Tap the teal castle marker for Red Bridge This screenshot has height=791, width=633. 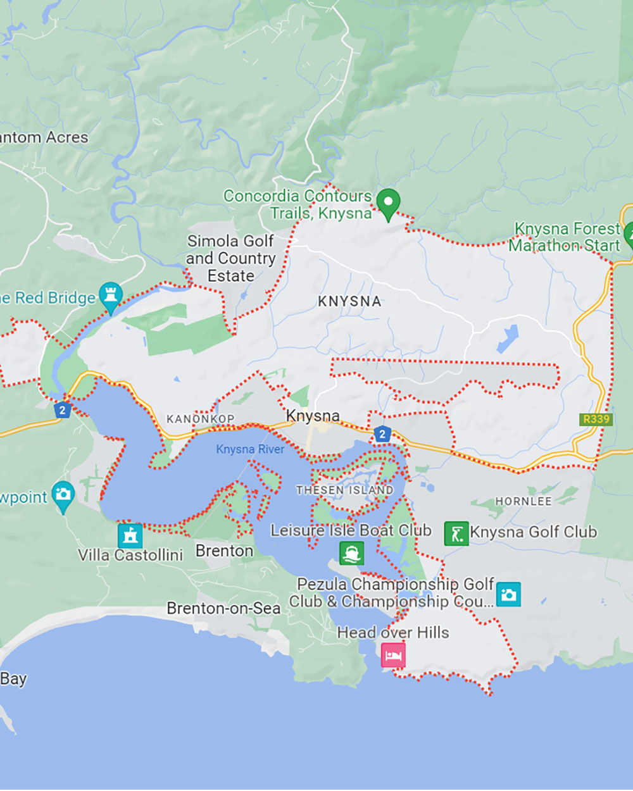[x=111, y=296]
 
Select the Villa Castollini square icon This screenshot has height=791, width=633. [x=130, y=535]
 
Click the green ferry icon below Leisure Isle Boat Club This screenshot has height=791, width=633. [x=351, y=553]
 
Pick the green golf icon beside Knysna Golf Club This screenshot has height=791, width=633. [x=456, y=533]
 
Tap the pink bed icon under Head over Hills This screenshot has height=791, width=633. [x=393, y=654]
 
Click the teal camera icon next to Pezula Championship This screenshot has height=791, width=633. [x=508, y=594]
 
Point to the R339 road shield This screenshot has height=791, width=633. [x=596, y=419]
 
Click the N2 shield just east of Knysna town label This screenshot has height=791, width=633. [x=382, y=433]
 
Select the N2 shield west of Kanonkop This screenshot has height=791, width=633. [x=62, y=410]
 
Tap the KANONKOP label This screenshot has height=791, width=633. [x=200, y=419]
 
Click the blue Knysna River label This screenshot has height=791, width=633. [x=250, y=449]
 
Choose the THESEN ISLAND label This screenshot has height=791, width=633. [x=344, y=490]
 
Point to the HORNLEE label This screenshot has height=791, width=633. [x=523, y=501]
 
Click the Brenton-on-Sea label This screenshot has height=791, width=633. [x=223, y=608]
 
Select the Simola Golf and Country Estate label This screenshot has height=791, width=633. [x=231, y=258]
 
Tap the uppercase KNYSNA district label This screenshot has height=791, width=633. [x=349, y=302]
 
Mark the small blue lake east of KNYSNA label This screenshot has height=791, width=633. [x=508, y=339]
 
